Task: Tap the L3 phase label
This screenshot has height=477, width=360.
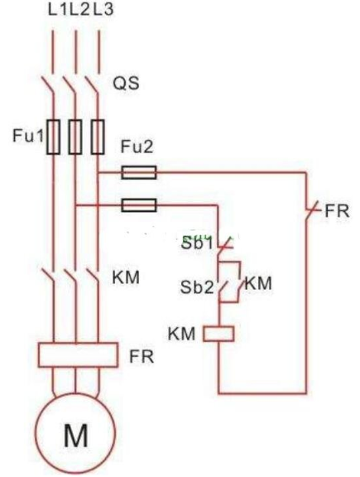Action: [x=103, y=9]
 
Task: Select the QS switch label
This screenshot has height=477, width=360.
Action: [x=126, y=83]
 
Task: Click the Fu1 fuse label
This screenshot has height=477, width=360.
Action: [x=28, y=135]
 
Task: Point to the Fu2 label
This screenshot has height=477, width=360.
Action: [x=137, y=147]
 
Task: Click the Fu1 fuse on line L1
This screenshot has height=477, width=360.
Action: [x=54, y=137]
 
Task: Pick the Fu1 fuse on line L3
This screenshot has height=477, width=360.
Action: [x=98, y=137]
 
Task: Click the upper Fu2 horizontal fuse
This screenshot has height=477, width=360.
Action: [x=139, y=172]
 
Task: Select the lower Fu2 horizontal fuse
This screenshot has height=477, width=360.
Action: [x=139, y=205]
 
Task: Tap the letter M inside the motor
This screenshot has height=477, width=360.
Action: [x=76, y=436]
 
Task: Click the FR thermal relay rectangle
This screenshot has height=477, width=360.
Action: [x=78, y=354]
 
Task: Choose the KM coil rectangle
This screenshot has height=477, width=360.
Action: [x=218, y=334]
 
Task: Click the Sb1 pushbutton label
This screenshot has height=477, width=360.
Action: [x=197, y=243]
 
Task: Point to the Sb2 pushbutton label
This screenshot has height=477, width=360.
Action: [x=197, y=287]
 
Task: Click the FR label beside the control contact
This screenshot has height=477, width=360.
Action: [x=337, y=211]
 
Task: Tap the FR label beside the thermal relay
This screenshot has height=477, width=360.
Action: [x=142, y=357]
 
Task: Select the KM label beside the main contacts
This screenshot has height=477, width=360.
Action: [x=126, y=277]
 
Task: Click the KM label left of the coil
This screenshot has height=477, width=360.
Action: [x=181, y=334]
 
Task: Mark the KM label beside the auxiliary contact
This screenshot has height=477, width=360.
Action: [x=258, y=283]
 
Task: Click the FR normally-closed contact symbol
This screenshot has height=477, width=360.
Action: [x=310, y=210]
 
